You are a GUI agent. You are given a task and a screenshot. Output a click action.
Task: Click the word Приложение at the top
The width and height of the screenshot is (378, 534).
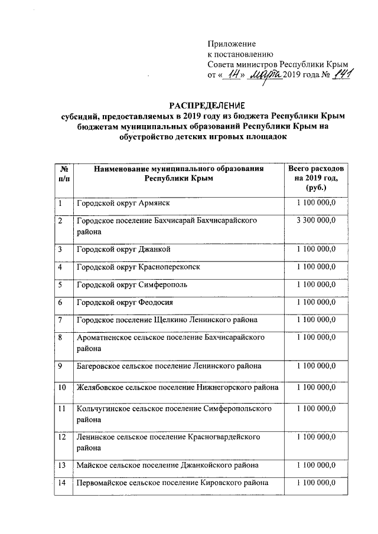(x=232, y=44)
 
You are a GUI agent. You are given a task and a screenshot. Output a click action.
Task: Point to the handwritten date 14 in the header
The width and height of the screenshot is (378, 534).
(x=234, y=74)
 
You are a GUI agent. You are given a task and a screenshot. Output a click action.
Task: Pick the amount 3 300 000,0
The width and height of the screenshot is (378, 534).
(x=317, y=220)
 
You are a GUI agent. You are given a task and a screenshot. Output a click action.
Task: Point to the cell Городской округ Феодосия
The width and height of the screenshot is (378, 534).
(x=125, y=302)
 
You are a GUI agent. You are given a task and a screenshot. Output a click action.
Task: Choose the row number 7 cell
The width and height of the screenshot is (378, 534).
(x=63, y=320)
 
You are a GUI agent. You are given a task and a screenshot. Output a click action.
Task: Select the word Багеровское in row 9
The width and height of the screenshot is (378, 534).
(x=99, y=366)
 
